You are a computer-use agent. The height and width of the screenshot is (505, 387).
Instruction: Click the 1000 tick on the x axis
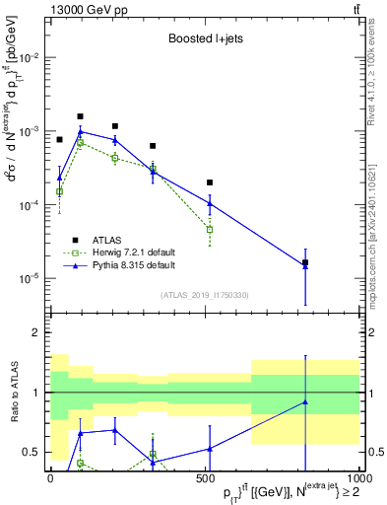356,478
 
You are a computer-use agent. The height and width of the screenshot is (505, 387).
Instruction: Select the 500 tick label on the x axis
205,478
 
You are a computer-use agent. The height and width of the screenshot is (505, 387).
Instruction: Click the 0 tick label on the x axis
50,478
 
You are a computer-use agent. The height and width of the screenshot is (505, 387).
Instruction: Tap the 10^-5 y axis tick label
28,278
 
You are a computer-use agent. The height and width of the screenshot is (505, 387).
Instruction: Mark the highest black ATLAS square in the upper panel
81,116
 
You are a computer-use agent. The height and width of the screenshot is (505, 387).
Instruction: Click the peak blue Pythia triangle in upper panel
81,131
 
